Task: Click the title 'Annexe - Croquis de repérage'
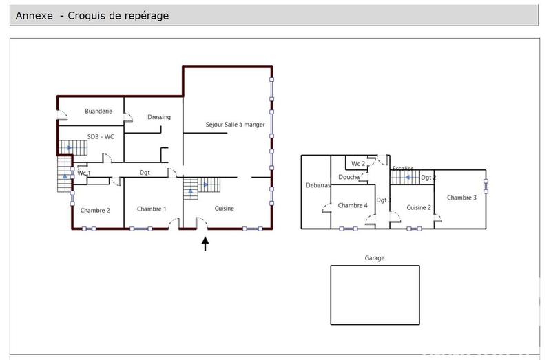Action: click(92, 15)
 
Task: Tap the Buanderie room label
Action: click(98, 111)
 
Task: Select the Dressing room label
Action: click(159, 117)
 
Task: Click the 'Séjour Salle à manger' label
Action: click(235, 124)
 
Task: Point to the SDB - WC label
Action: click(101, 136)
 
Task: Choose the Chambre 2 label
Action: click(95, 210)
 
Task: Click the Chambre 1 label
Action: click(152, 209)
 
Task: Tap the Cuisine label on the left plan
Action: click(225, 209)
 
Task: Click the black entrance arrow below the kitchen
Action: click(205, 244)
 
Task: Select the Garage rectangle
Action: click(375, 295)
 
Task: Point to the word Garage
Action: click(375, 258)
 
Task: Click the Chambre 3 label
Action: click(461, 198)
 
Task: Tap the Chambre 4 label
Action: click(353, 205)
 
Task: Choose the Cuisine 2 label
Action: click(419, 207)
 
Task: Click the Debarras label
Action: click(318, 185)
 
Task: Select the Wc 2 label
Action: click(358, 164)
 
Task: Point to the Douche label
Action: click(349, 177)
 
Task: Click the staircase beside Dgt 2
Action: click(404, 177)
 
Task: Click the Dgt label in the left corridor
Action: click(145, 173)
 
